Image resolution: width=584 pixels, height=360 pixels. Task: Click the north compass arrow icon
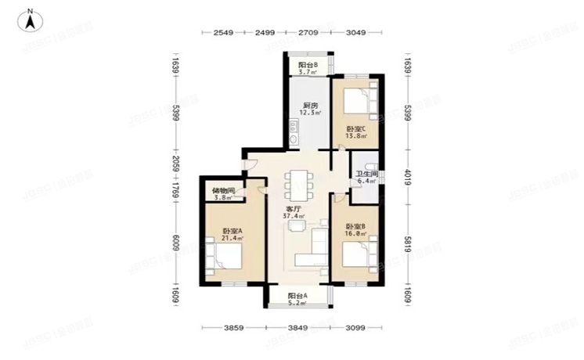click(29, 20)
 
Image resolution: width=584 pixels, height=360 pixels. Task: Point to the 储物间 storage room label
click(222, 191)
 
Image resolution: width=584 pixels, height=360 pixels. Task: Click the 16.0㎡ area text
click(356, 233)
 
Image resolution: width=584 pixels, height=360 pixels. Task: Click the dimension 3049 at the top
click(356, 33)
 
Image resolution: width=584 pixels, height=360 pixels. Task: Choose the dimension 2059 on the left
click(176, 164)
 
